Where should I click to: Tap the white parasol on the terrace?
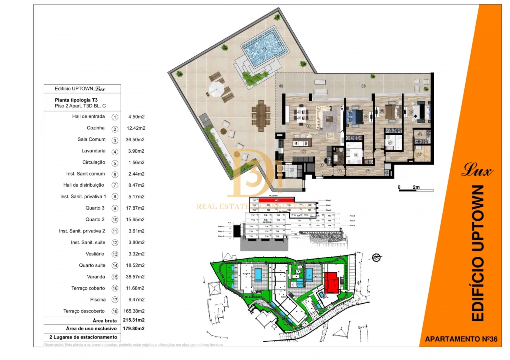coord(216,90)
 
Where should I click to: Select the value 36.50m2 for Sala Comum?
coord(136,140)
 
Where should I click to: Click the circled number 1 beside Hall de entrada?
coord(115,117)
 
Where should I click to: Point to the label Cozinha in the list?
coord(96,128)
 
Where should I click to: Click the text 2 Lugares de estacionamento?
coord(82,337)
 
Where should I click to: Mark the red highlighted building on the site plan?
coord(331,282)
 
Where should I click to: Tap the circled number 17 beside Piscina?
coord(115,300)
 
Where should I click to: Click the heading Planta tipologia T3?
coord(80,100)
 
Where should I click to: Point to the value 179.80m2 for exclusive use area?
coord(133,328)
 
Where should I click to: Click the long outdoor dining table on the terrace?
coord(260,114)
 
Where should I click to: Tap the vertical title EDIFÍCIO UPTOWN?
coord(478,253)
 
